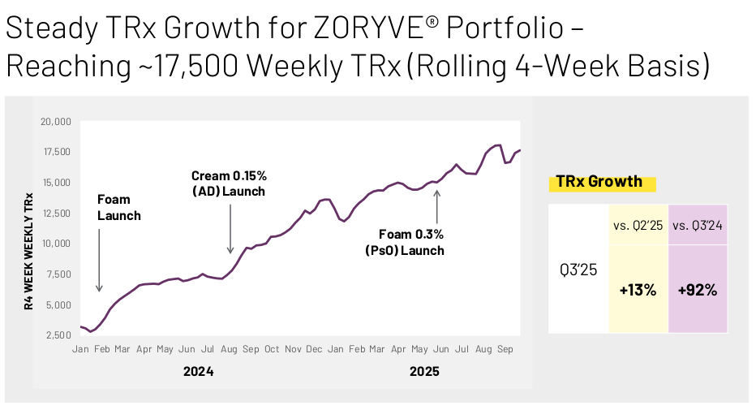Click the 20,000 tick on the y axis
(55, 122)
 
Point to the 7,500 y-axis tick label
(58, 274)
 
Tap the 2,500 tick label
(58, 334)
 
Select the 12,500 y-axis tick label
(57, 213)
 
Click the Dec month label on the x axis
(314, 349)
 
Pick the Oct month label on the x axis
(272, 349)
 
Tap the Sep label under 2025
(505, 349)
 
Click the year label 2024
(198, 371)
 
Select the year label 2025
(424, 371)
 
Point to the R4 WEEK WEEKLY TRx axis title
(29, 252)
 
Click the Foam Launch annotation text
(119, 207)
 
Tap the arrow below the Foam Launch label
(99, 261)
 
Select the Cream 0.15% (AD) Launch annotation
(229, 183)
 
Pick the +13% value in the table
(638, 290)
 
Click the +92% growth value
(697, 290)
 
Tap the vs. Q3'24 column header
(697, 225)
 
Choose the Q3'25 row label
(578, 270)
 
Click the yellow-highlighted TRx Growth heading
(599, 182)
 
